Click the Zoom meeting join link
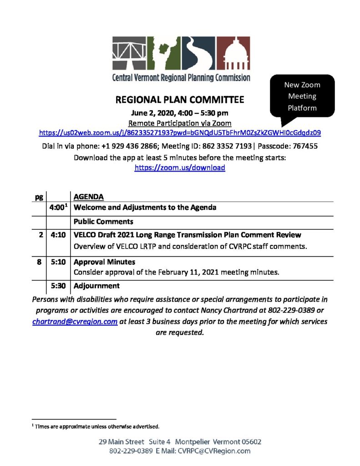coord(180,133)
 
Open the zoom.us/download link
coord(180,167)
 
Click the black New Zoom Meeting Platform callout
coord(302,96)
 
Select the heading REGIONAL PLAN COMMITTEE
coord(180,100)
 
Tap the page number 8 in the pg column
coord(41,263)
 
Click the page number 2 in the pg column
coord(41,235)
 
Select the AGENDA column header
coord(89,197)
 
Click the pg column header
coord(39,197)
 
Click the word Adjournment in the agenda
coord(96,286)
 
